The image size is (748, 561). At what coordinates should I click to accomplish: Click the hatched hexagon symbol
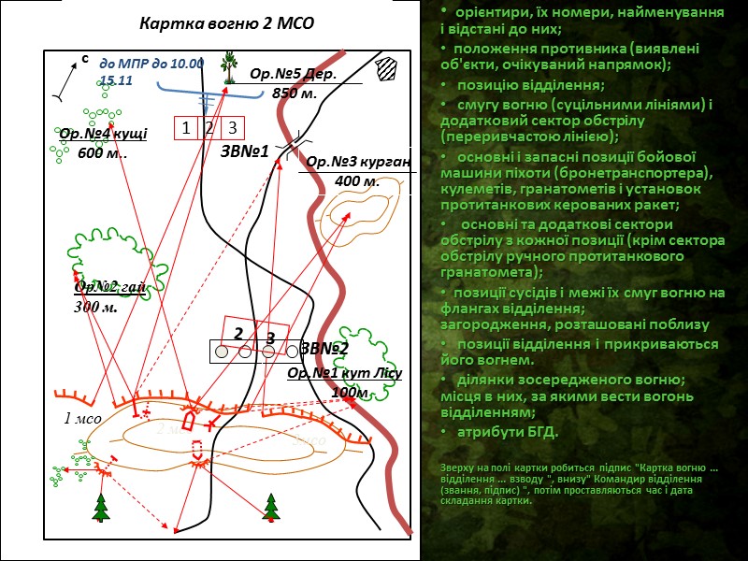click(385, 70)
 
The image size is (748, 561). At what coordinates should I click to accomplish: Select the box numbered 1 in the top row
click(186, 128)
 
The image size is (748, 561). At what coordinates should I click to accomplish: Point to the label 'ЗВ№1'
click(245, 151)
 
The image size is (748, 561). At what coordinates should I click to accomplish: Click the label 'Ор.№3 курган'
click(359, 162)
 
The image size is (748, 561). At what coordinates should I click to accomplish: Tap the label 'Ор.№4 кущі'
click(103, 135)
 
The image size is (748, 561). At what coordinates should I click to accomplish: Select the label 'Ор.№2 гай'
click(110, 286)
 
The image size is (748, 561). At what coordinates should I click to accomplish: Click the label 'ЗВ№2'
click(324, 349)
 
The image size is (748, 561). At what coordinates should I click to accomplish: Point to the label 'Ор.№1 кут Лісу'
click(344, 373)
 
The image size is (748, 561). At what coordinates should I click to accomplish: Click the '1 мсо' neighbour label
click(82, 419)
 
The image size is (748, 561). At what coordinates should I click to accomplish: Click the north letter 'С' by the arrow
click(84, 59)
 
